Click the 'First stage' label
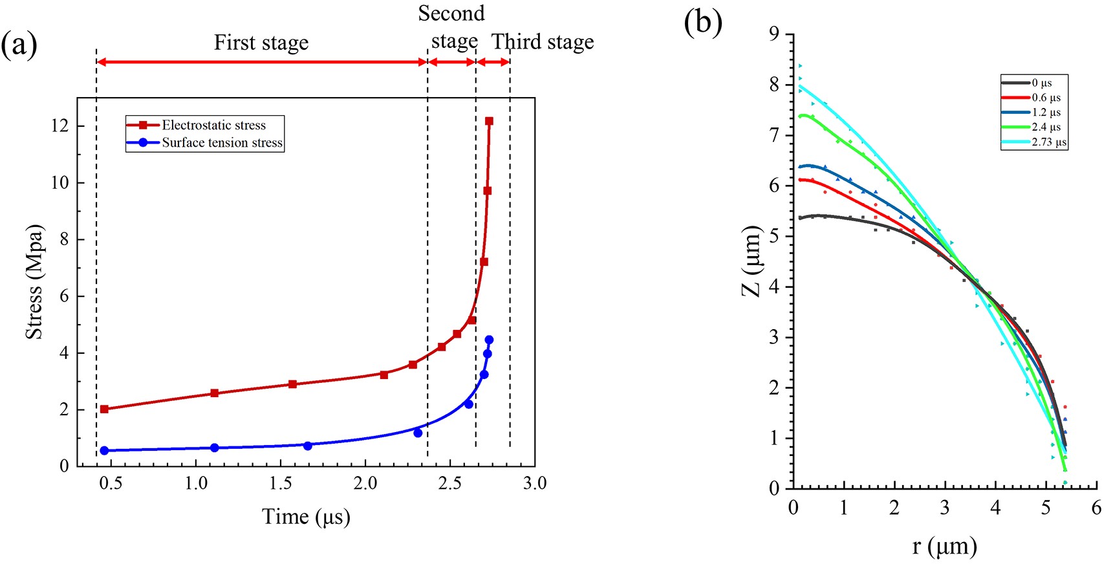[x=261, y=43]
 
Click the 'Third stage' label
[x=543, y=42]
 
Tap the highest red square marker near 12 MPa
[x=489, y=121]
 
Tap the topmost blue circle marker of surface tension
[x=489, y=340]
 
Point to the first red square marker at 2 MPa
[x=105, y=409]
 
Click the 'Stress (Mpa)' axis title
[x=34, y=282]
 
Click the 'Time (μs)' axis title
[x=306, y=516]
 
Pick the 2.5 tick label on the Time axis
[x=450, y=483]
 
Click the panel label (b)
[x=702, y=22]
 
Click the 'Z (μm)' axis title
[x=751, y=261]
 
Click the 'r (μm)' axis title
[x=944, y=547]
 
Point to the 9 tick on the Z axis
[x=774, y=34]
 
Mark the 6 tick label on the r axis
[x=1096, y=508]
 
